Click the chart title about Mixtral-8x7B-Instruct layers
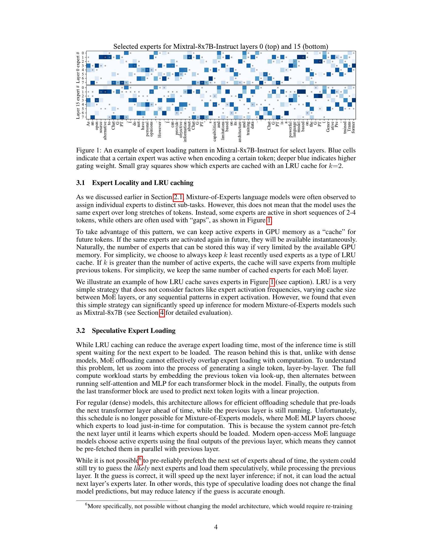pyautogui.click(x=221, y=46)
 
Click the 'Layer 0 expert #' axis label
pyautogui.click(x=78, y=68)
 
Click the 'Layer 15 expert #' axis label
pyautogui.click(x=78, y=102)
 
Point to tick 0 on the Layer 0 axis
pyautogui.click(x=83, y=53)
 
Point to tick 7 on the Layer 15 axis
pyautogui.click(x=83, y=117)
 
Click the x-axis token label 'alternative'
pyautogui.click(x=105, y=131)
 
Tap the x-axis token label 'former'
pyautogui.click(x=353, y=128)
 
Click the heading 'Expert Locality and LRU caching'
pyautogui.click(x=143, y=183)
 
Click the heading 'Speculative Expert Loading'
pyautogui.click(x=134, y=331)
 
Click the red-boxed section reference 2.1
pyautogui.click(x=178, y=197)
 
